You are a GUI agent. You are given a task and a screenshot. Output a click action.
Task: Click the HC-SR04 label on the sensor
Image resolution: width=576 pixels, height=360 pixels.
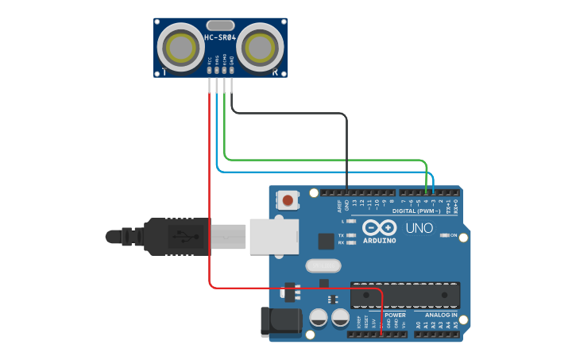[220, 37]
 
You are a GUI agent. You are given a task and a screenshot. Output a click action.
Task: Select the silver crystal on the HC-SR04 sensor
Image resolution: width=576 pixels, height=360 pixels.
[220, 25]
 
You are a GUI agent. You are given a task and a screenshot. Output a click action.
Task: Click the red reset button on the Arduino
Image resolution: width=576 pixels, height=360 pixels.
[286, 200]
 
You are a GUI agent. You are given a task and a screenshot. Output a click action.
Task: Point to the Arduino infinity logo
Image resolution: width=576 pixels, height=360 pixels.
[379, 229]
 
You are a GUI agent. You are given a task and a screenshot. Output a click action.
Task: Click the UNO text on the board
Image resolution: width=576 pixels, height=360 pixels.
[419, 228]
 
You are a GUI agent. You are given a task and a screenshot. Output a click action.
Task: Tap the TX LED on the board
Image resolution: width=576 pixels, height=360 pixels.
[350, 236]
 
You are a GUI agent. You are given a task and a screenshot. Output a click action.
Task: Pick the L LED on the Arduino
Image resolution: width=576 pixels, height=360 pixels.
[350, 222]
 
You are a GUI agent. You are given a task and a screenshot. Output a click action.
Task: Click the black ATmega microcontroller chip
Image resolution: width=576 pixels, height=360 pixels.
[405, 295]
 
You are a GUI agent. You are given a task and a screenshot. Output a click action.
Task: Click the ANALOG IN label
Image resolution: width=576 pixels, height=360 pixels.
[435, 315]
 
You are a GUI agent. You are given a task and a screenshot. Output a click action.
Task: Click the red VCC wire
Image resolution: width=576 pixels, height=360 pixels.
[210, 199]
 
